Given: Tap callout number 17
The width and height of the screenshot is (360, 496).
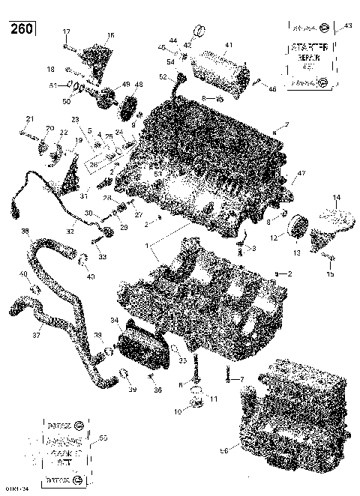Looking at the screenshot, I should click(x=66, y=31).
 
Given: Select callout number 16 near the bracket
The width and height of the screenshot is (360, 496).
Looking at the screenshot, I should click(x=110, y=35).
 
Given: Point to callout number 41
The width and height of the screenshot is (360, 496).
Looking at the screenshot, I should click(x=229, y=45).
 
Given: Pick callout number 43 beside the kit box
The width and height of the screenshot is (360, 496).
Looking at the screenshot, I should click(x=347, y=26).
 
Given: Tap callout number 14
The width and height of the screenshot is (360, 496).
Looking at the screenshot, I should click(x=336, y=197).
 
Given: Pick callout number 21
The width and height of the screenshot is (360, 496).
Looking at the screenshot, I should click(x=30, y=119).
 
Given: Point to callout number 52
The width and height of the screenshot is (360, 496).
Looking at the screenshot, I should click(x=163, y=76).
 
